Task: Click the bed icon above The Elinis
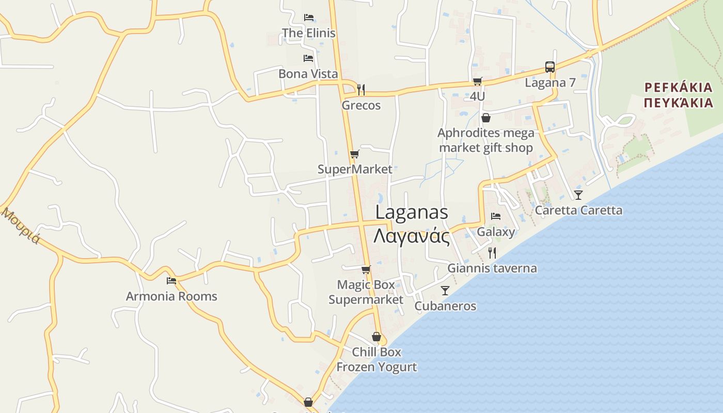pyautogui.click(x=308, y=18)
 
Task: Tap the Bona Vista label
pyautogui.click(x=308, y=74)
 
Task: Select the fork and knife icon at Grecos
pyautogui.click(x=361, y=89)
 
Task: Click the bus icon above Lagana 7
pyautogui.click(x=550, y=67)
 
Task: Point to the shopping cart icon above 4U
pyautogui.click(x=477, y=81)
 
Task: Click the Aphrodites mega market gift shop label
pyautogui.click(x=486, y=140)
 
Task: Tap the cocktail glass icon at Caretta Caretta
pyautogui.click(x=578, y=195)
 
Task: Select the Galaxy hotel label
pyautogui.click(x=496, y=231)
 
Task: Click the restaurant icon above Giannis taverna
pyautogui.click(x=492, y=252)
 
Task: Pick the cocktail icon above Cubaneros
pyautogui.click(x=445, y=290)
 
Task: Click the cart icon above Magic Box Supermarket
pyautogui.click(x=366, y=269)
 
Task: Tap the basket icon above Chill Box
pyautogui.click(x=376, y=337)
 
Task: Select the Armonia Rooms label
pyautogui.click(x=171, y=296)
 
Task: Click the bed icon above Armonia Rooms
pyautogui.click(x=171, y=281)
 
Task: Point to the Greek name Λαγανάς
pyautogui.click(x=412, y=236)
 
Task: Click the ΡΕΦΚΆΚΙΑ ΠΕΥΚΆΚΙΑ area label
pyautogui.click(x=679, y=94)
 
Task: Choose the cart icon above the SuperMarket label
pyautogui.click(x=354, y=154)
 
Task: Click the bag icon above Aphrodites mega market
pyautogui.click(x=485, y=118)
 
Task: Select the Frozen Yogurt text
pyautogui.click(x=376, y=367)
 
